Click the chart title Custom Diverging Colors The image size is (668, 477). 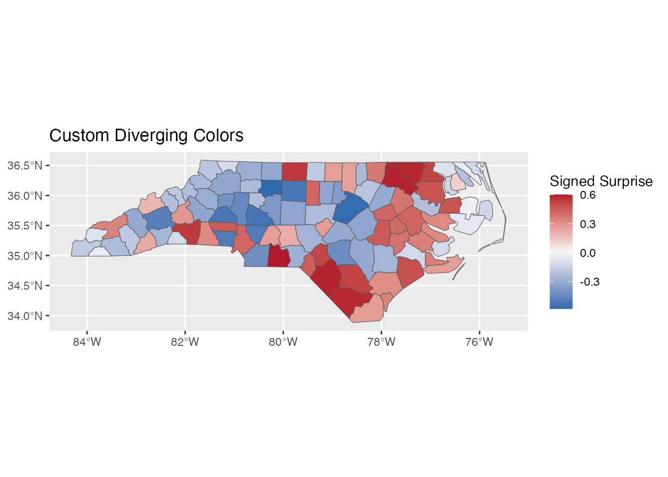146,136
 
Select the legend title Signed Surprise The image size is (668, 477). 601,181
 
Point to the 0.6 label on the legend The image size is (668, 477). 587,195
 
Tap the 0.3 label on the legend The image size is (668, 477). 587,224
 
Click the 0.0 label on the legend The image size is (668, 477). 587,253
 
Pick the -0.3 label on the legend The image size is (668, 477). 589,282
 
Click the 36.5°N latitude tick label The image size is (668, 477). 25,165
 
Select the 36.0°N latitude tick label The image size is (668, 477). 25,196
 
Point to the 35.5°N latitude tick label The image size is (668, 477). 25,226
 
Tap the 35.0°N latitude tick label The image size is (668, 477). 25,256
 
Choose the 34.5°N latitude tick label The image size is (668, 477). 25,286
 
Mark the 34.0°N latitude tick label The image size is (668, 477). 25,316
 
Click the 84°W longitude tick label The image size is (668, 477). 87,342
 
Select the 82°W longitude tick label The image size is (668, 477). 185,342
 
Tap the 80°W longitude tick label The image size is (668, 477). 283,342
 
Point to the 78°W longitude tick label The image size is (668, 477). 381,342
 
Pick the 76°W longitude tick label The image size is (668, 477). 479,342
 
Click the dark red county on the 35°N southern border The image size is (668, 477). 278,256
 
